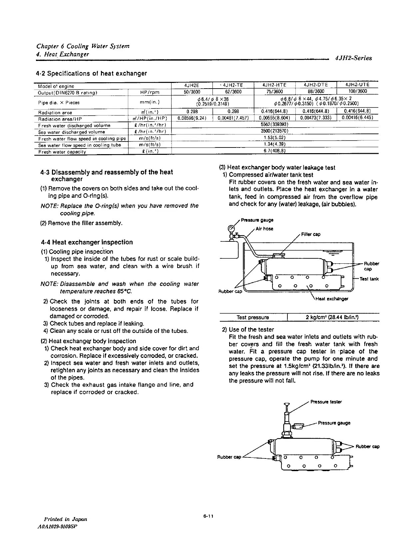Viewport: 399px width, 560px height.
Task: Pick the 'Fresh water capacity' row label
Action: [x=62, y=152]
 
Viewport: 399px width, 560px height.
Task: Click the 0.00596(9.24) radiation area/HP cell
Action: [x=193, y=118]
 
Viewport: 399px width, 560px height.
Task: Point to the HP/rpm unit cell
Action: [x=150, y=92]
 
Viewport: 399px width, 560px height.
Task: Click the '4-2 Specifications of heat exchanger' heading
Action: [x=91, y=73]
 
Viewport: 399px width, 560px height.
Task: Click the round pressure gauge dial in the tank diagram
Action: [x=230, y=229]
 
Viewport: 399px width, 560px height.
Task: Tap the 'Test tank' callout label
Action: [x=369, y=279]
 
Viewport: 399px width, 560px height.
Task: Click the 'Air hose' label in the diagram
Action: [x=265, y=229]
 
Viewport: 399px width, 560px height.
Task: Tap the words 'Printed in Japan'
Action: [x=65, y=519]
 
